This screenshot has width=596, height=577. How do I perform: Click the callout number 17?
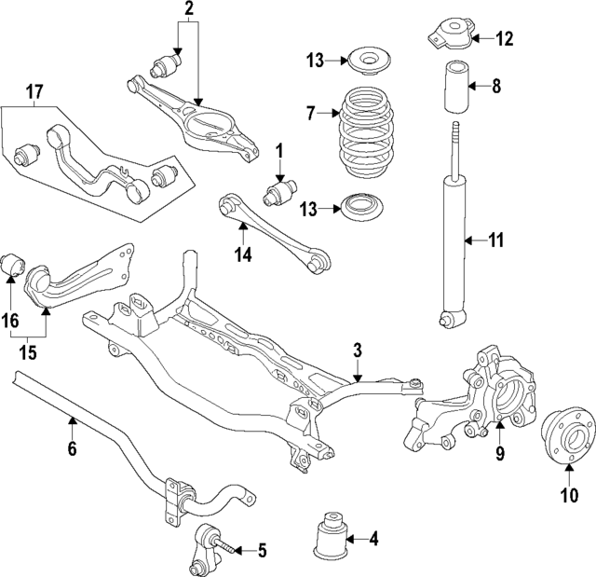[34, 92]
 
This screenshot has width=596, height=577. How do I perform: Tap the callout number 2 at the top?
[189, 9]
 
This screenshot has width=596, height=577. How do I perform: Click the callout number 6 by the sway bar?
[72, 449]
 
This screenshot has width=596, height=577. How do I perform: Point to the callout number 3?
[357, 351]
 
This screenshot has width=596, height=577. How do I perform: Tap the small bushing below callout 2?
[169, 65]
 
